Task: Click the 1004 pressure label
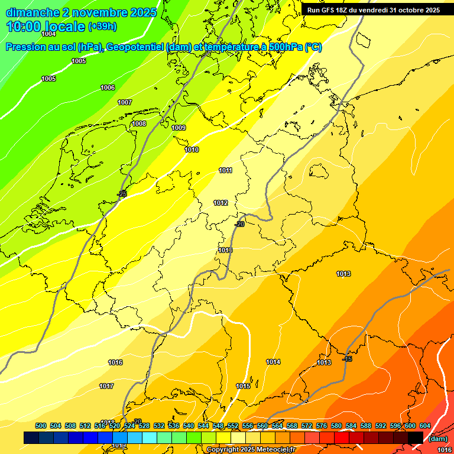[48, 34]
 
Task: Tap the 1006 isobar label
[108, 87]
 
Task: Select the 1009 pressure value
[179, 128]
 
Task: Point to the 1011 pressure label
[225, 170]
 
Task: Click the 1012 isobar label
[220, 203]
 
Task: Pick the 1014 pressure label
[273, 362]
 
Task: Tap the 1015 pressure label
[243, 386]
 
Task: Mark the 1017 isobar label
[106, 386]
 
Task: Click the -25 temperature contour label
[122, 194]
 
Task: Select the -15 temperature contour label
[348, 359]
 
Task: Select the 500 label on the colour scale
[41, 426]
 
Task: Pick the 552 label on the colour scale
[232, 426]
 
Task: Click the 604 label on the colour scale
[424, 426]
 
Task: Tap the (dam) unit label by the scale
[437, 439]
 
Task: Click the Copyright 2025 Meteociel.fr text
[251, 450]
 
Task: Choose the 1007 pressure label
[125, 102]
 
